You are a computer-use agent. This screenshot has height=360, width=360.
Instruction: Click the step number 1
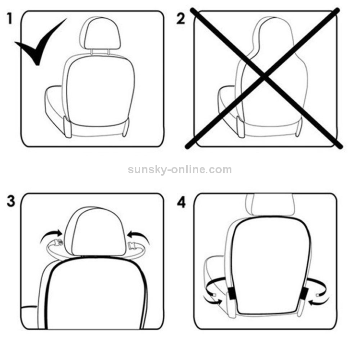click(x=10, y=19)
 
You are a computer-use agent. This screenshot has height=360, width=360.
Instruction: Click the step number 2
click(x=180, y=19)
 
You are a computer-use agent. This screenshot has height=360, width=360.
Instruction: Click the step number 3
click(x=11, y=201)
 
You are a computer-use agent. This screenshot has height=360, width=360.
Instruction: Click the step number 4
click(x=181, y=203)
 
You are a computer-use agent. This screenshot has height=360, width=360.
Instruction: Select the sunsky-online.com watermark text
click(x=180, y=169)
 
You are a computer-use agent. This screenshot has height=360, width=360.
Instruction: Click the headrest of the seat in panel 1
click(x=100, y=33)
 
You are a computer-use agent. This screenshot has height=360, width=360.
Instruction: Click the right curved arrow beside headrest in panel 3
click(x=139, y=237)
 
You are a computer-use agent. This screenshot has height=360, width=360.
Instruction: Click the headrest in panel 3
click(x=95, y=231)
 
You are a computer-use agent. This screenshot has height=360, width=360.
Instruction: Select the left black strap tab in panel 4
click(x=232, y=294)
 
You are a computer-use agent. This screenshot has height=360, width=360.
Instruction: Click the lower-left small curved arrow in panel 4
click(x=212, y=300)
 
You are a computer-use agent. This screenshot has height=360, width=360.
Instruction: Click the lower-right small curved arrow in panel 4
click(x=319, y=301)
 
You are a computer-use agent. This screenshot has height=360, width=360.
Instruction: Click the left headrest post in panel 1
click(x=92, y=52)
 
